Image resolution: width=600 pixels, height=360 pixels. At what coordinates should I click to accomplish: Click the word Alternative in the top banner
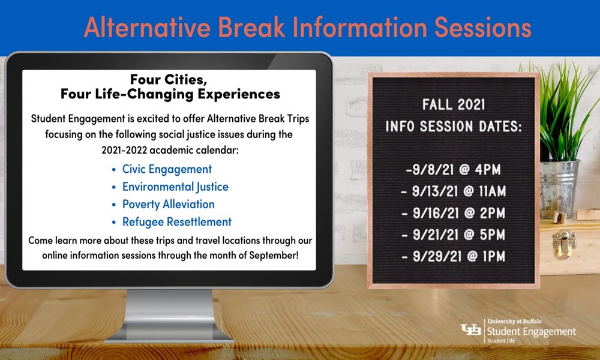click(147, 28)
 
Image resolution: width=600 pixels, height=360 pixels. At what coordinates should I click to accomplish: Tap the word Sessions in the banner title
click(483, 28)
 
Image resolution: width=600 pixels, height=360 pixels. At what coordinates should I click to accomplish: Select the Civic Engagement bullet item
click(167, 169)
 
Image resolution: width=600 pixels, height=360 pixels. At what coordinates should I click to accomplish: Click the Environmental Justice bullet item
click(175, 187)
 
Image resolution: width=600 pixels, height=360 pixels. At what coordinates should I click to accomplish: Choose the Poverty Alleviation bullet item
click(169, 204)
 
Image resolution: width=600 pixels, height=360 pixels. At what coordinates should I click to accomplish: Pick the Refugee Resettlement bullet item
click(177, 222)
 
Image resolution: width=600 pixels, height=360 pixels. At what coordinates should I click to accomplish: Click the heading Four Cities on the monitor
click(169, 79)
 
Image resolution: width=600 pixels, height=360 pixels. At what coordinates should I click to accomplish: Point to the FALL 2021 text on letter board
click(454, 104)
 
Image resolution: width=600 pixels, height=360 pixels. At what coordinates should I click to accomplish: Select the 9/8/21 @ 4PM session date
click(454, 169)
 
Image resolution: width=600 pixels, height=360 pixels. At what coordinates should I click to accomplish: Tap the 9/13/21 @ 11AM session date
click(454, 191)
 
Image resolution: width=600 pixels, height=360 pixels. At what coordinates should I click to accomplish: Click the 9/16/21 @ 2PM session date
click(454, 213)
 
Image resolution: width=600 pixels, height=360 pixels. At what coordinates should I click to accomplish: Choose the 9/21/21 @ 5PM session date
click(454, 235)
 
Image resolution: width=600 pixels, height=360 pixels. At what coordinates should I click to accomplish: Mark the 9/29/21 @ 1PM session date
click(454, 256)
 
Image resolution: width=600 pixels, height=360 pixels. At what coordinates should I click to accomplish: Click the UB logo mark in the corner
click(470, 330)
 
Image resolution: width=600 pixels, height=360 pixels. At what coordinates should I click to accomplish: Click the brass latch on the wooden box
click(563, 242)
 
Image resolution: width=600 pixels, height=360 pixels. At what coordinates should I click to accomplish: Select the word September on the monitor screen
click(273, 255)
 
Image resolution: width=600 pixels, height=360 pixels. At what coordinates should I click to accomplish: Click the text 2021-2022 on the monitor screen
click(124, 150)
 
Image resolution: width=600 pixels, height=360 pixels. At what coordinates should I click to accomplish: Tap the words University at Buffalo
click(515, 322)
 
